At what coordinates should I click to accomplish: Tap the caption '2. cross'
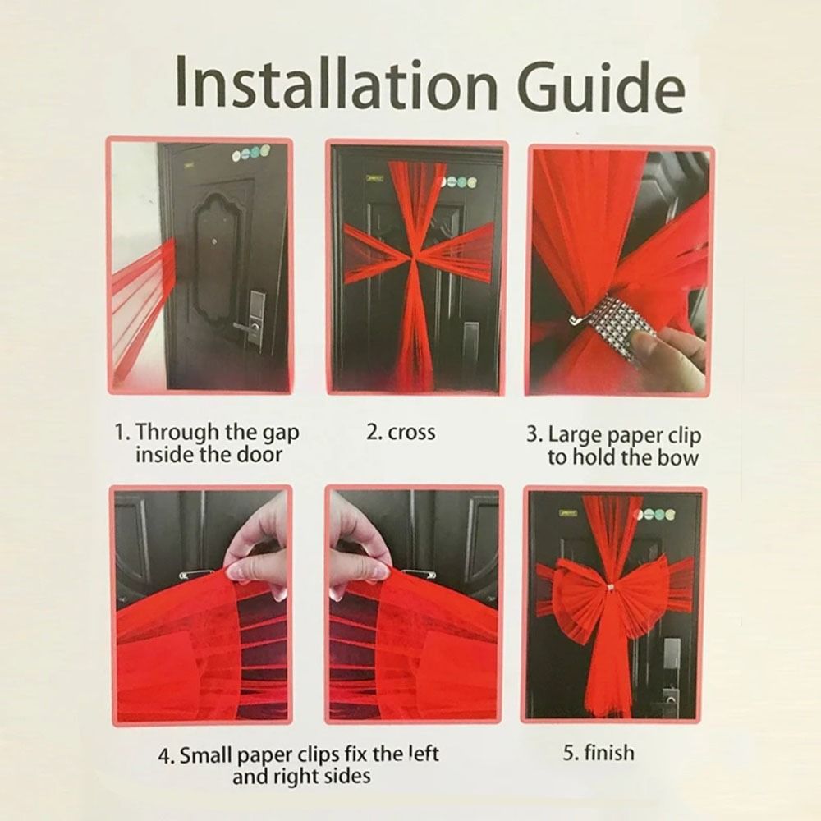point(401,433)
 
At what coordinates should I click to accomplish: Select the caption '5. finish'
point(599,753)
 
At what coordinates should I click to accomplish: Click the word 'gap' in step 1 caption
point(279,434)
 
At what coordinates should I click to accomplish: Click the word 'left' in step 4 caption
point(422,754)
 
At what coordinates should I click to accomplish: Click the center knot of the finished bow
point(608,589)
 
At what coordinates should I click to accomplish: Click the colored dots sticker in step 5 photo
point(654,515)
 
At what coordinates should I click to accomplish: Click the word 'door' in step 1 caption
point(259,455)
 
